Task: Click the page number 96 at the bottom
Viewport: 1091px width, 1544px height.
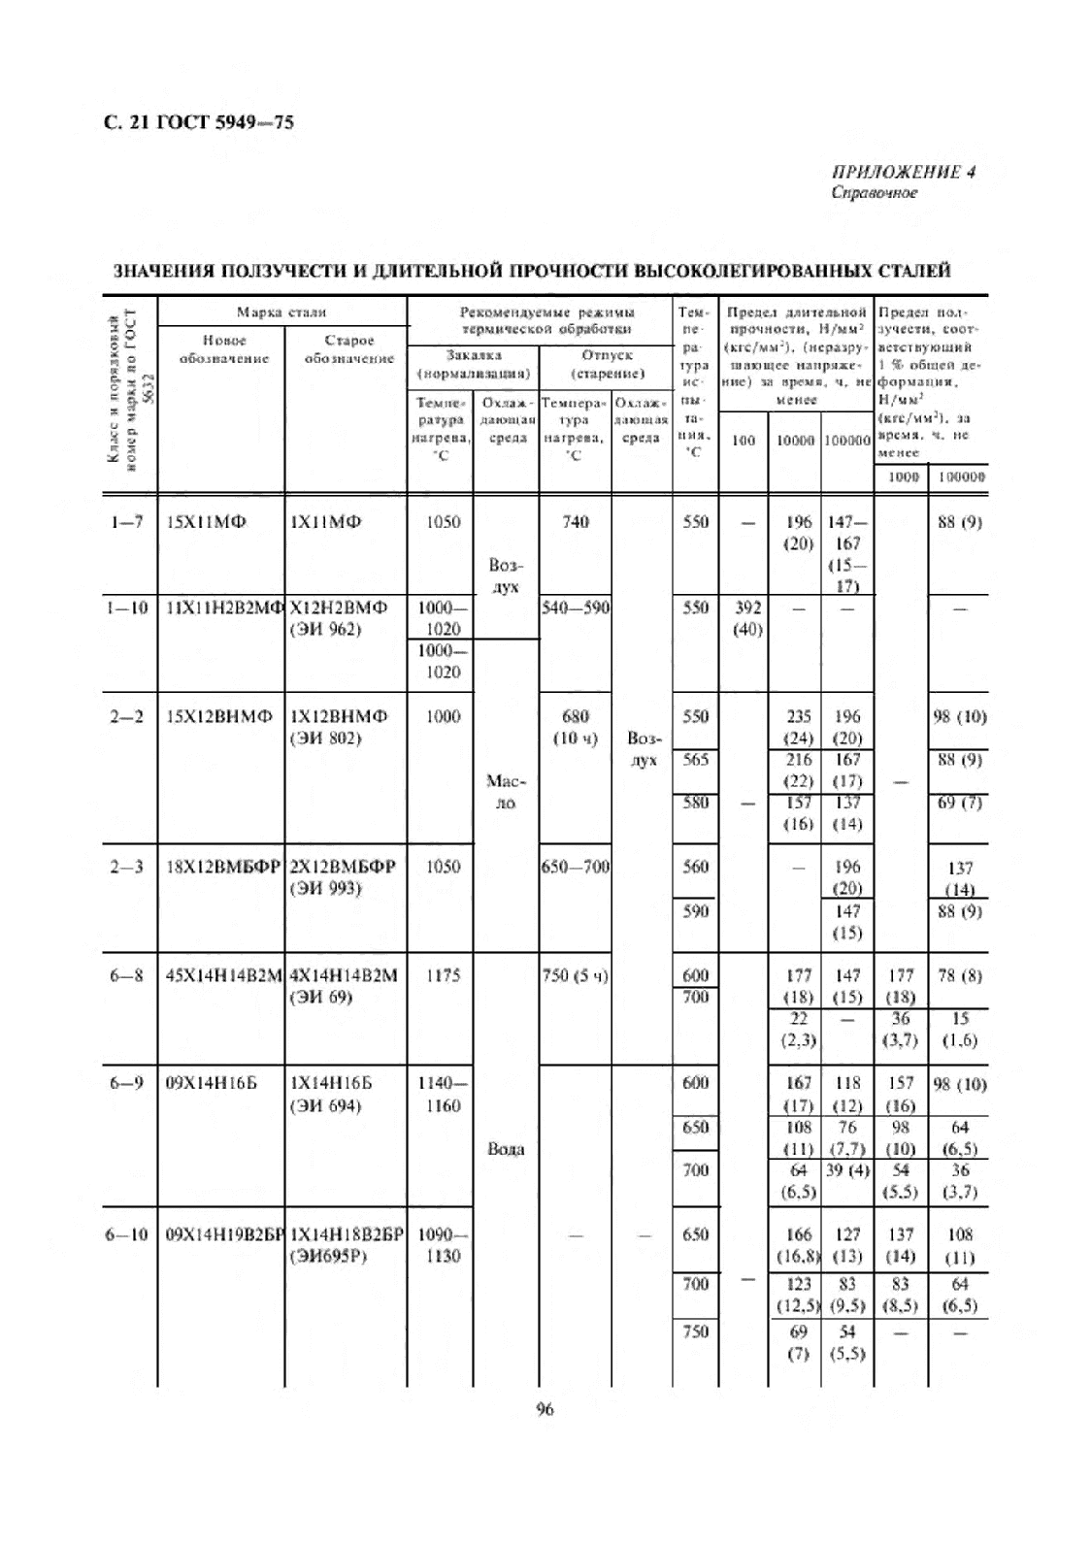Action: pyautogui.click(x=545, y=1409)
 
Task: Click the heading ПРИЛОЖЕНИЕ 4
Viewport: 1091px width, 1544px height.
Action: pyautogui.click(x=903, y=173)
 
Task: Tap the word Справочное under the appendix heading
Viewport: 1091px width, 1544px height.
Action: pyautogui.click(x=874, y=192)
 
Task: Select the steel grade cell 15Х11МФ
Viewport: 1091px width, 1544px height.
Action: pyautogui.click(x=206, y=522)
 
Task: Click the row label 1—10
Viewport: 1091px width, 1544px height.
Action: pyautogui.click(x=126, y=608)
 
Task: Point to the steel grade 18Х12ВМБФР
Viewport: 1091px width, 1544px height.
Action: pyautogui.click(x=223, y=867)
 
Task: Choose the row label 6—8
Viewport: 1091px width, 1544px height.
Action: pyautogui.click(x=126, y=975)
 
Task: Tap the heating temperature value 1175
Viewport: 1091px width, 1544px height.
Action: pyautogui.click(x=443, y=975)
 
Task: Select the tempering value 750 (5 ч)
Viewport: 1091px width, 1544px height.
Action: pyautogui.click(x=575, y=975)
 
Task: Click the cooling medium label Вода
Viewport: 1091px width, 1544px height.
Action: pyautogui.click(x=506, y=1149)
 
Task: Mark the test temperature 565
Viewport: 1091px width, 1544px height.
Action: pyautogui.click(x=695, y=760)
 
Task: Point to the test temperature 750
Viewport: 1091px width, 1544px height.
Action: pyautogui.click(x=695, y=1331)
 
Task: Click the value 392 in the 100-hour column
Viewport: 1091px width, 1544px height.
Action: pyautogui.click(x=746, y=608)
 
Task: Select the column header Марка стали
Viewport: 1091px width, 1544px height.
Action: pyautogui.click(x=281, y=312)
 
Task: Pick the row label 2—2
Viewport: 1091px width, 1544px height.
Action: pyautogui.click(x=126, y=716)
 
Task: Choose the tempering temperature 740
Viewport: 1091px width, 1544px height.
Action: pyautogui.click(x=575, y=522)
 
